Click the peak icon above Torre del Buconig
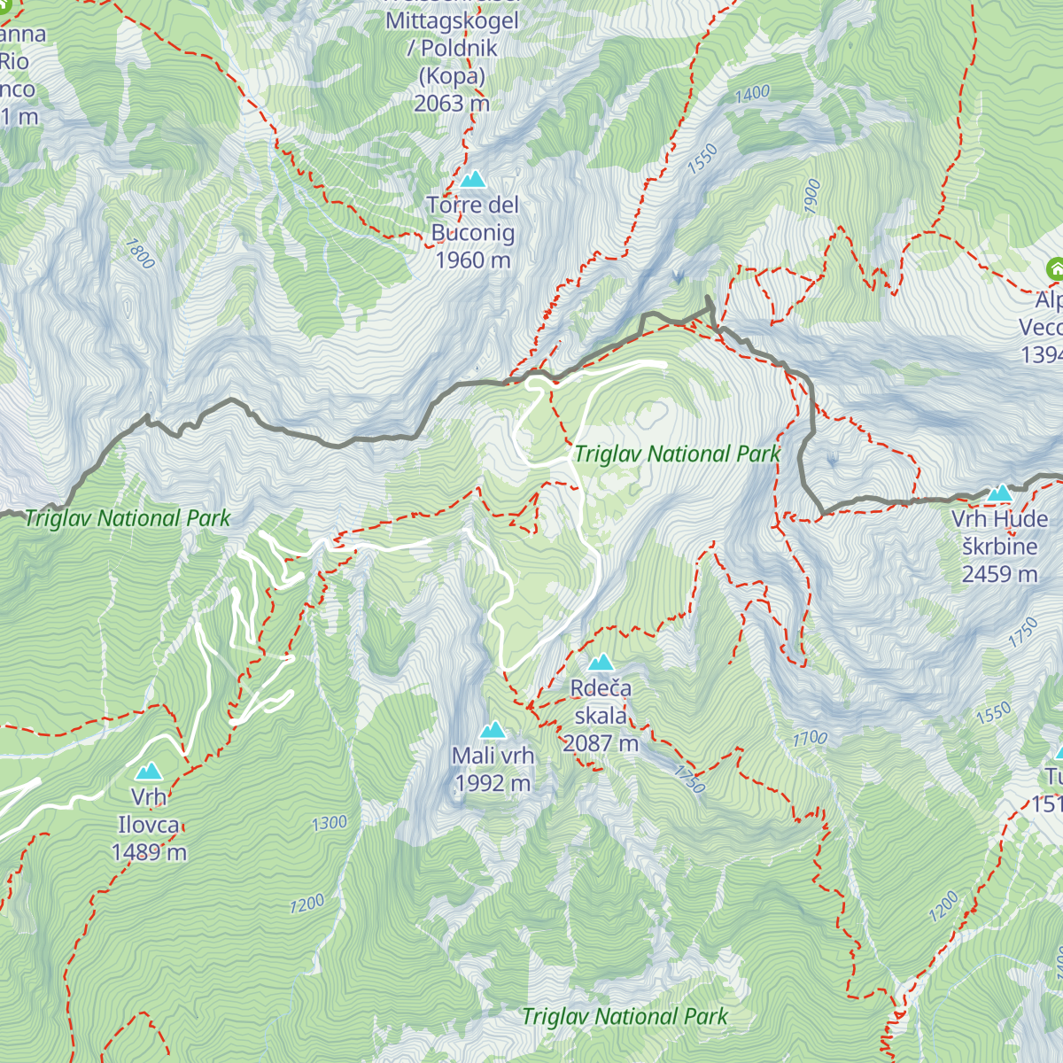tap(473, 180)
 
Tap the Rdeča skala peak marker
tap(601, 663)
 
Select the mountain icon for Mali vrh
tap(493, 730)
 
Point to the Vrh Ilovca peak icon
tap(149, 772)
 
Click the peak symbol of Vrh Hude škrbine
tap(999, 493)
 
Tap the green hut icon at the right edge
tap(1054, 268)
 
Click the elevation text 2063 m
tap(452, 104)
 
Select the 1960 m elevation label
tap(473, 260)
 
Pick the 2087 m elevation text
tap(601, 743)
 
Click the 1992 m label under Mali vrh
tap(493, 784)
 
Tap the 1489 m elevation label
tap(149, 852)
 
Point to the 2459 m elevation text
tap(999, 574)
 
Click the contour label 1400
tap(752, 93)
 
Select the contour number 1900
tap(812, 196)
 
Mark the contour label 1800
tap(140, 253)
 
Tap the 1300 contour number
tap(329, 823)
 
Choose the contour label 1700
tap(810, 738)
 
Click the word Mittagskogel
tap(452, 20)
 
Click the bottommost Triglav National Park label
tap(625, 1016)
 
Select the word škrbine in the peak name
tap(999, 547)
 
